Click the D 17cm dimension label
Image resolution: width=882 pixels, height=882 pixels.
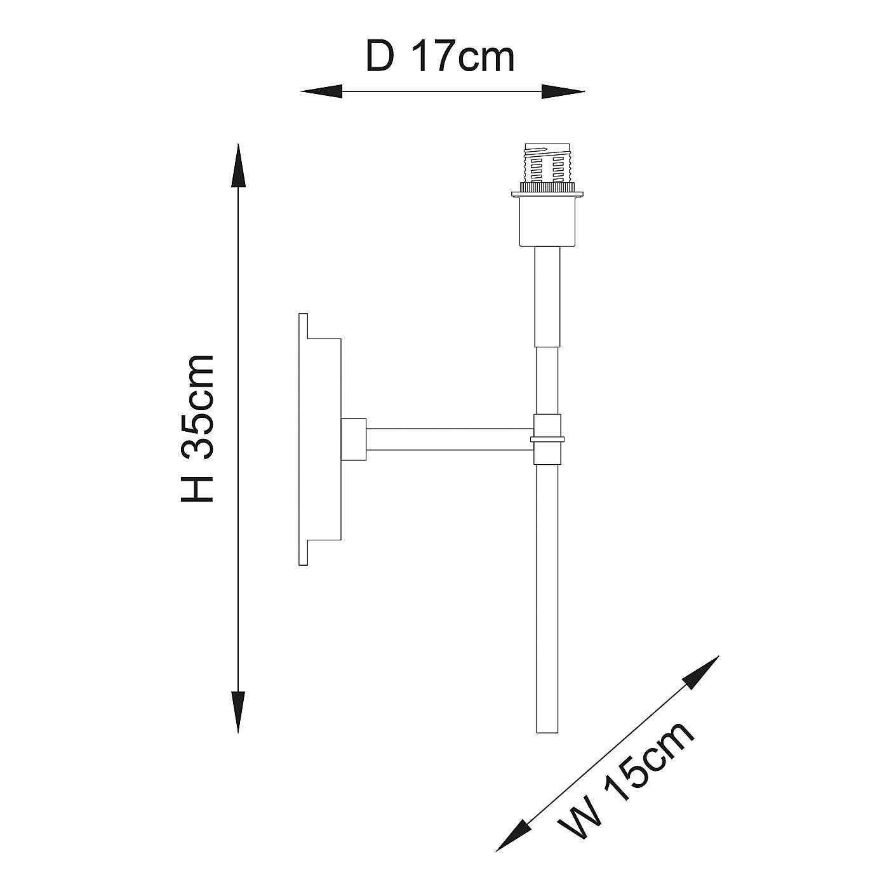[x=440, y=57]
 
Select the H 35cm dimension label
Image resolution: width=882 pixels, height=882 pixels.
[x=198, y=429]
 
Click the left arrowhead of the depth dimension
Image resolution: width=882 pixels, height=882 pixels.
[x=321, y=92]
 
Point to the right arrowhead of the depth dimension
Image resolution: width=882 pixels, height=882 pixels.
[x=563, y=92]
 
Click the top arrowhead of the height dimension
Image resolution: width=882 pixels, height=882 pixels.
[x=238, y=165]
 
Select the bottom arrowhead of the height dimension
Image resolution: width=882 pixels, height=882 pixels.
[x=238, y=711]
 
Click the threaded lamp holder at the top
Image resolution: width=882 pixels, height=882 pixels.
[x=547, y=166]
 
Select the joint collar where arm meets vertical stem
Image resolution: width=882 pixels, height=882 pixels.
[x=547, y=438]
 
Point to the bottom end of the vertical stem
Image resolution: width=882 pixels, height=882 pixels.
[x=547, y=727]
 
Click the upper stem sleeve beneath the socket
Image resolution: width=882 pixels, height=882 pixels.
[x=547, y=296]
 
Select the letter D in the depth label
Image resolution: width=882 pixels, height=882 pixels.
[x=380, y=57]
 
